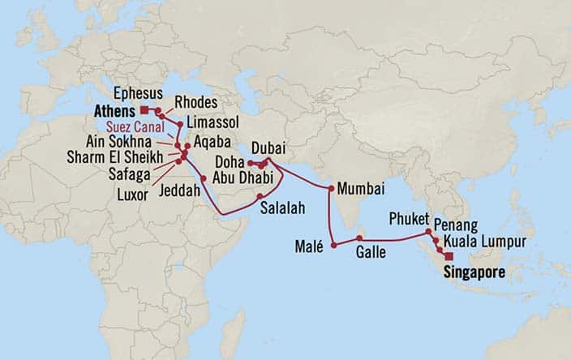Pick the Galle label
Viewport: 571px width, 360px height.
click(370, 252)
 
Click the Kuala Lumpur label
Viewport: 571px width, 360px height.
click(485, 242)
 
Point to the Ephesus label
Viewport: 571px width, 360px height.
click(136, 92)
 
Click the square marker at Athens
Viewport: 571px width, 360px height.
click(143, 109)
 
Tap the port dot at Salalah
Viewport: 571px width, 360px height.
click(260, 196)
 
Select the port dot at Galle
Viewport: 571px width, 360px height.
click(359, 238)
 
